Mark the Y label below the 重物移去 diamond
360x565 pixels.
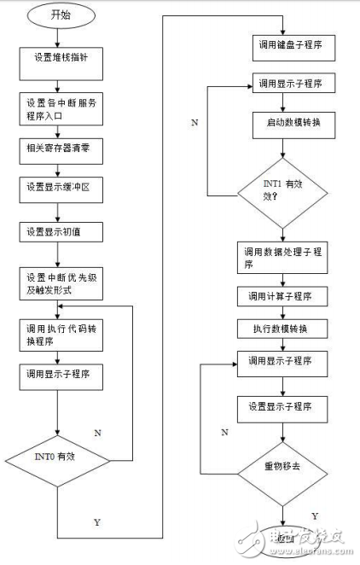[315, 515]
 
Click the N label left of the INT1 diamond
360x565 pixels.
[195, 124]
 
